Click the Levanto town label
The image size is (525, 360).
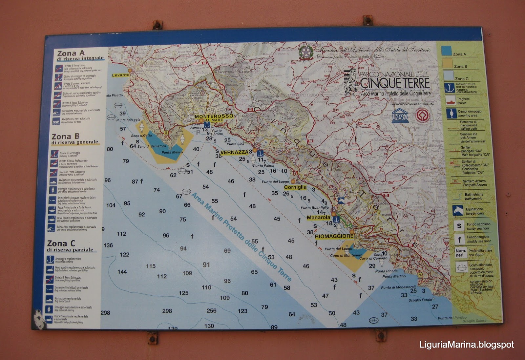click(121, 75)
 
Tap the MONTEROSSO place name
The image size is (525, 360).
click(214, 116)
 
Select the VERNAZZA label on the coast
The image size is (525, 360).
click(234, 152)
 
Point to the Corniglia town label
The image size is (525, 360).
click(295, 187)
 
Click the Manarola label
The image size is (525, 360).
click(318, 217)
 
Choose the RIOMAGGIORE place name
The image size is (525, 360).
click(334, 236)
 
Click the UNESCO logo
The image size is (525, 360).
click(400, 116)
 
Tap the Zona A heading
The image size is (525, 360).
click(71, 53)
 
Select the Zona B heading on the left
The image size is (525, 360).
click(66, 137)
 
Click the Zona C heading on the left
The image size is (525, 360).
click(61, 244)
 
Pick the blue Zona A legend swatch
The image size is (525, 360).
click(446, 51)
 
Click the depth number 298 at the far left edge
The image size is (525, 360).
click(105, 313)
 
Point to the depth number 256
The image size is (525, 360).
click(211, 310)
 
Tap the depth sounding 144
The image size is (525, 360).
click(122, 272)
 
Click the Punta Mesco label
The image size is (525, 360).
click(172, 152)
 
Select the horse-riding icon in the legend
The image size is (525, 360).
click(458, 210)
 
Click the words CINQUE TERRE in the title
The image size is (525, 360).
click(395, 83)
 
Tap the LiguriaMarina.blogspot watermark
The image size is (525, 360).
click(467, 345)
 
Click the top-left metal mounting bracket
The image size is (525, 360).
click(157, 25)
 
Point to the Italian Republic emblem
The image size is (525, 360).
click(306, 53)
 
